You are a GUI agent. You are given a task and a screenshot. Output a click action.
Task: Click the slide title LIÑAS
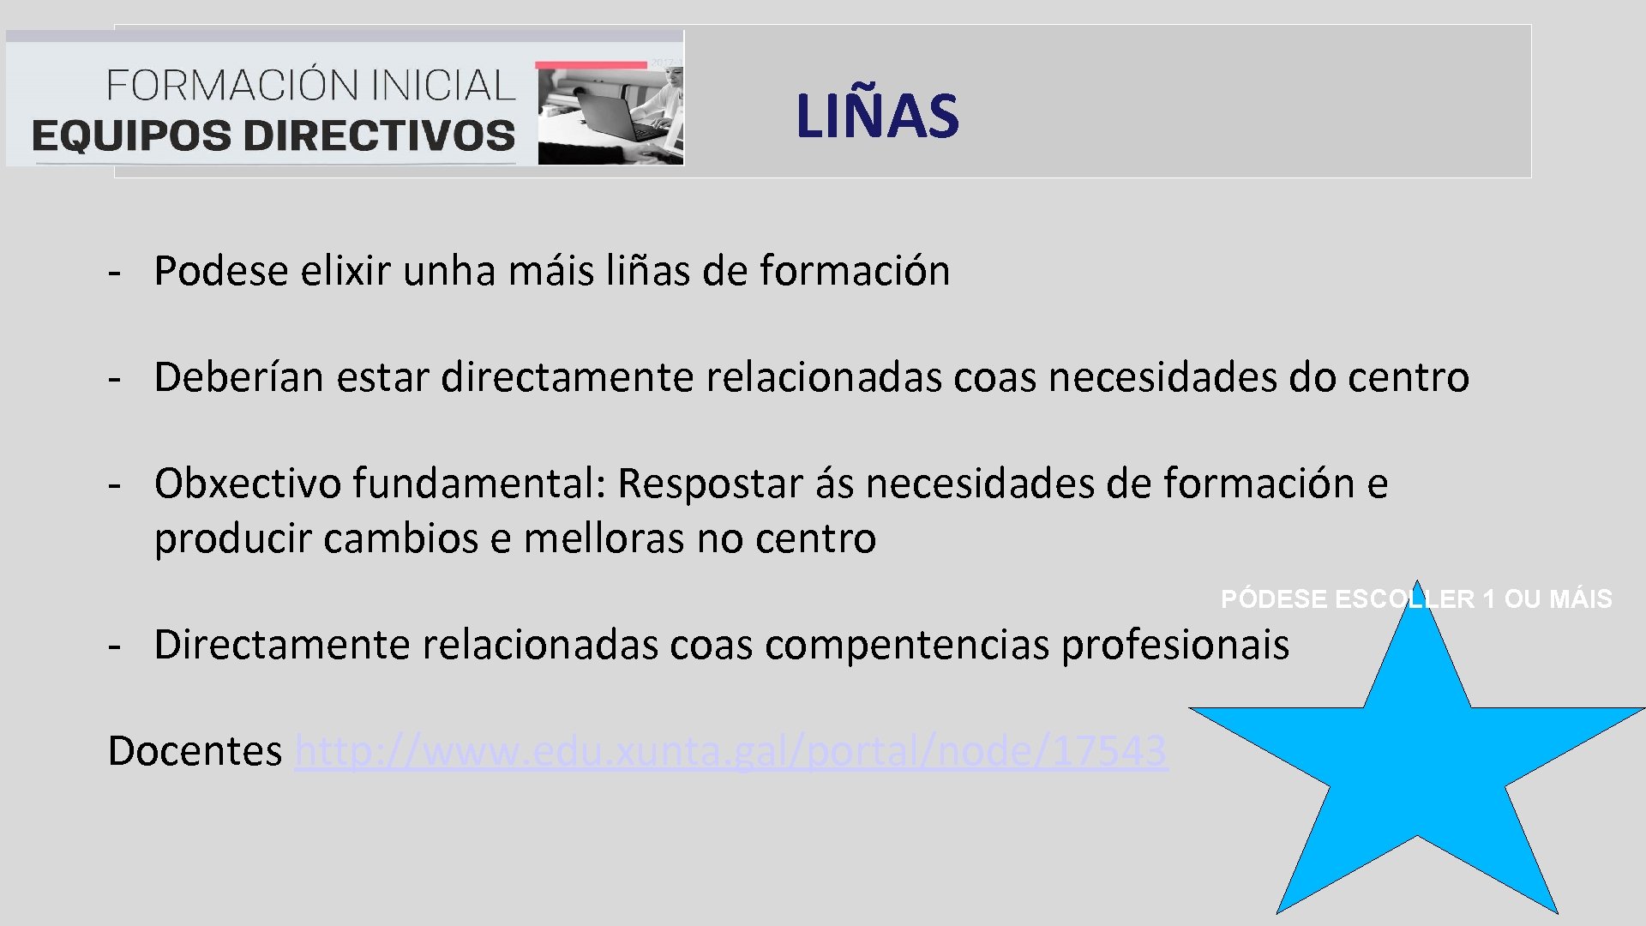(876, 116)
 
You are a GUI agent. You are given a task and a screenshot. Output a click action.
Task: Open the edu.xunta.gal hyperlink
(730, 751)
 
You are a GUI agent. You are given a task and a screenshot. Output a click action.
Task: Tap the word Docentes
(195, 751)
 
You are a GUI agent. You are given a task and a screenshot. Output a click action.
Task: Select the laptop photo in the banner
(610, 116)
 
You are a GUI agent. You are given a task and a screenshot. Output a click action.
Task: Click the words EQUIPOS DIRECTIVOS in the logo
(273, 136)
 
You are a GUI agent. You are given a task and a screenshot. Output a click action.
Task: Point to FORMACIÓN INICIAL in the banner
(310, 86)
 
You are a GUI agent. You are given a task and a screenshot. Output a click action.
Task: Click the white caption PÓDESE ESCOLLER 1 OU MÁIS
(1415, 598)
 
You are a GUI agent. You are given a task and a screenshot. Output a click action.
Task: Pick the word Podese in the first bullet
(221, 271)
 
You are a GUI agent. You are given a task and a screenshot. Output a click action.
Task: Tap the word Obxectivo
(248, 484)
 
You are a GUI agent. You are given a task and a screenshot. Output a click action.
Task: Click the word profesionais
(1174, 645)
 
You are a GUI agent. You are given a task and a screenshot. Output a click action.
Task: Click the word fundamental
(480, 484)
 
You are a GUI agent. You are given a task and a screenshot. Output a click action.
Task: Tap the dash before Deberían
(114, 378)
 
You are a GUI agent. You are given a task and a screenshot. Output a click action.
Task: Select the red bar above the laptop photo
(591, 65)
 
